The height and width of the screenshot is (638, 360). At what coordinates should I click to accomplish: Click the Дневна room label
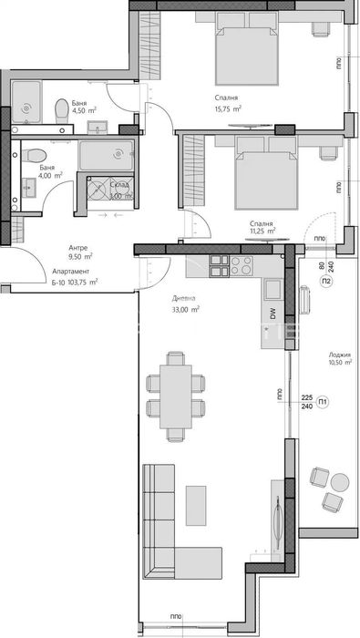185,298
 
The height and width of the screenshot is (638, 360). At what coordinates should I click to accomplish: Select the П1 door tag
324,401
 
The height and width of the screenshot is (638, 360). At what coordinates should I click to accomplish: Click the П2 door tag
326,283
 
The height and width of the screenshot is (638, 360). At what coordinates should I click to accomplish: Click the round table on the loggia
339,482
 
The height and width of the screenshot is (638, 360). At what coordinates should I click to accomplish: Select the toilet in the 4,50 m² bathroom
61,111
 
